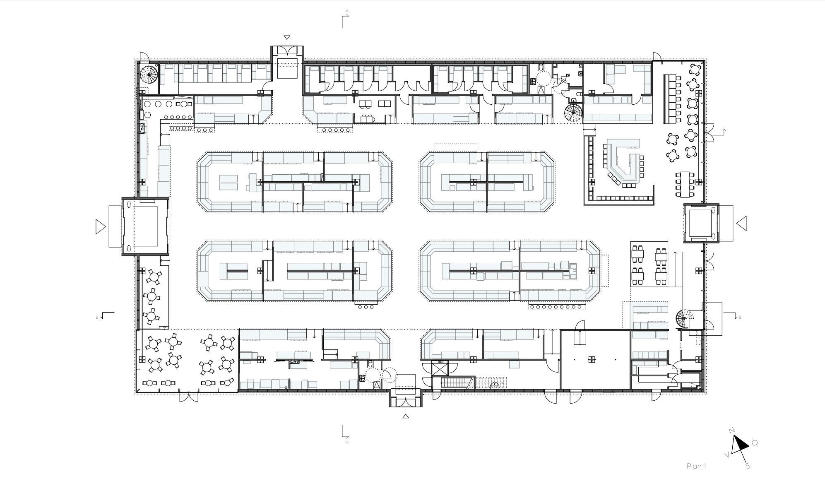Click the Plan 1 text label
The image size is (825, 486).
click(x=696, y=466)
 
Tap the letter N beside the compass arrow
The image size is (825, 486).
click(x=731, y=431)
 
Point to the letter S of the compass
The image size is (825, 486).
click(x=748, y=466)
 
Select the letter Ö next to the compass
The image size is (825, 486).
click(x=755, y=443)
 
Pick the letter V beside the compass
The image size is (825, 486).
click(x=727, y=455)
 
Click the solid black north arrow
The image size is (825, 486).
click(x=739, y=445)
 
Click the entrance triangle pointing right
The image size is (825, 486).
click(x=101, y=226)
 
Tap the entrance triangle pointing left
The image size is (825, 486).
click(x=741, y=224)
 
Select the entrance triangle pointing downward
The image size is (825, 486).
click(x=287, y=38)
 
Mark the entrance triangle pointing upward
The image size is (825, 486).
click(x=406, y=416)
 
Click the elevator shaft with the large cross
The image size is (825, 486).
click(x=440, y=368)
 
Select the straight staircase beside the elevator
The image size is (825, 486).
click(x=457, y=382)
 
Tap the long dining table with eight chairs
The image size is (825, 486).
click(x=685, y=184)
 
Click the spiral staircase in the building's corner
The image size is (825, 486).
click(x=149, y=75)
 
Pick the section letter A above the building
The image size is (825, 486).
click(x=347, y=11)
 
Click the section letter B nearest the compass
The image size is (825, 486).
click(x=740, y=318)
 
